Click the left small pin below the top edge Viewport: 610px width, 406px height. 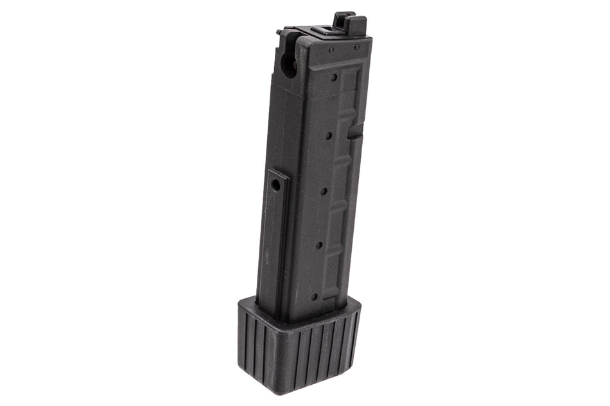(x=330, y=49)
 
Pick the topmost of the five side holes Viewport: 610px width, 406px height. (x=334, y=78)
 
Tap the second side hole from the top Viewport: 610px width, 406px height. (x=329, y=135)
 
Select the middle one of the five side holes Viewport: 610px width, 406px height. (x=324, y=190)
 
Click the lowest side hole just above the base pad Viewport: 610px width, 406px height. (x=314, y=296)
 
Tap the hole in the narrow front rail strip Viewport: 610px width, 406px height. (x=275, y=184)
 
